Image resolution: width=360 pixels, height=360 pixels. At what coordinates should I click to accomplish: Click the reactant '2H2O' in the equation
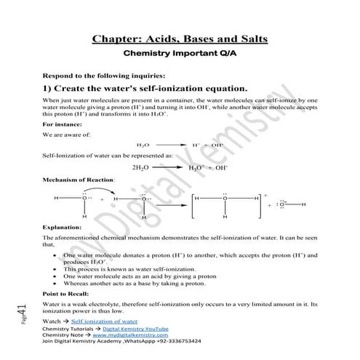coord(141,167)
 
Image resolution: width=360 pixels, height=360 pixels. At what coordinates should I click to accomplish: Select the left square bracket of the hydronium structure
coord(192,207)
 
